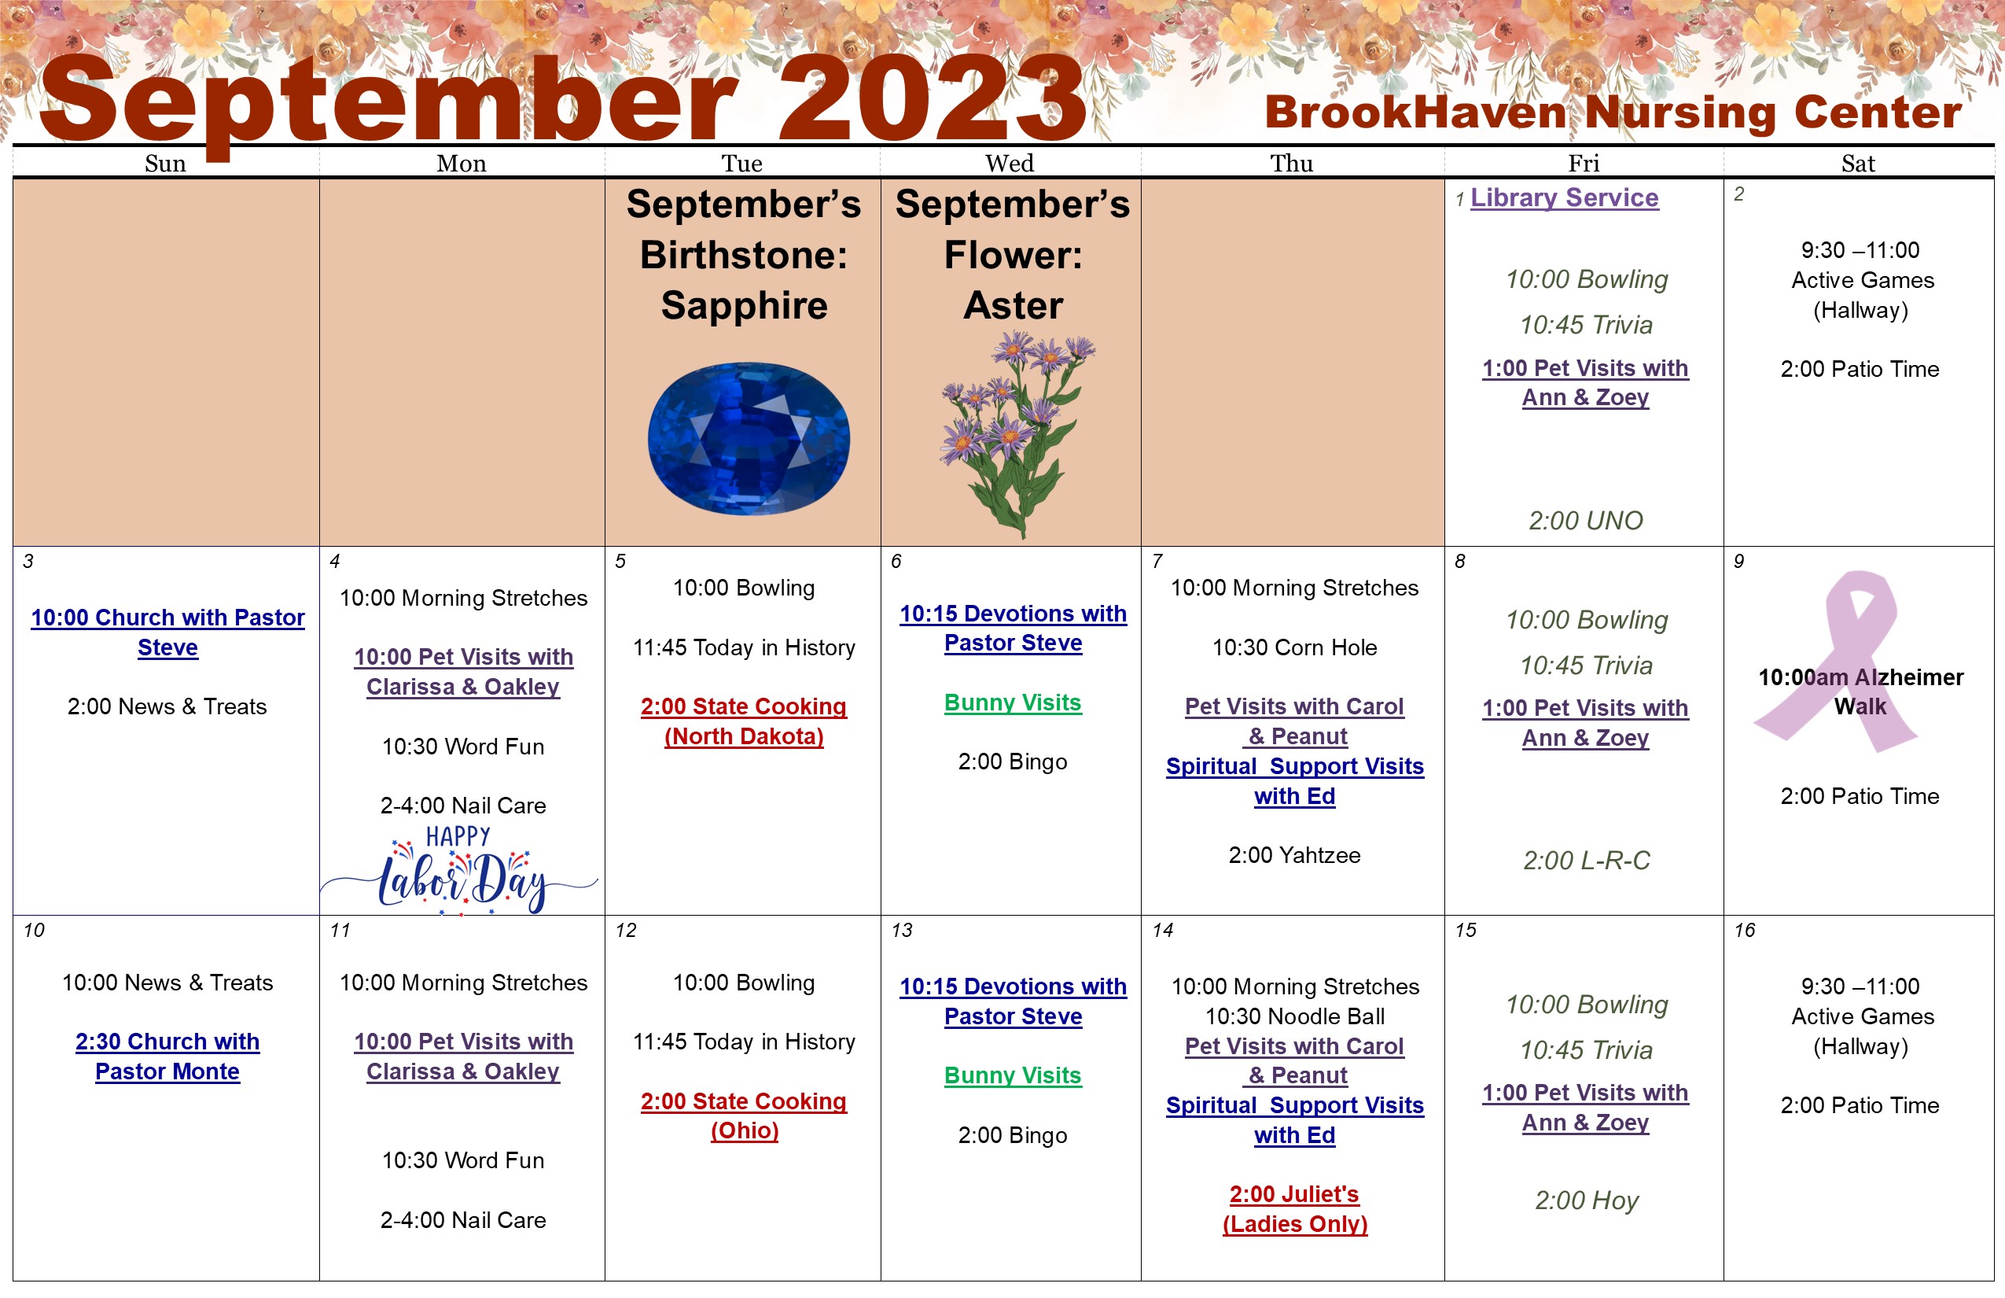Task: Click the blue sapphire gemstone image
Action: (748, 438)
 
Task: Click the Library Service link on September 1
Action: (1565, 197)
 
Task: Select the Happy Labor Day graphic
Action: (459, 870)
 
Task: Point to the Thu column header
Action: (1291, 164)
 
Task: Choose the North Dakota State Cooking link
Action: (744, 721)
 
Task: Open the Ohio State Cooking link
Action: (744, 1116)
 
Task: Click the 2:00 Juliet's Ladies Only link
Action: (1295, 1208)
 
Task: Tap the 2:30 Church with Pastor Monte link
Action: (167, 1056)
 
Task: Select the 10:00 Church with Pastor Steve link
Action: (167, 632)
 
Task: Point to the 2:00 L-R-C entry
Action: (1587, 861)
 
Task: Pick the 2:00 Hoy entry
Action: (1587, 1200)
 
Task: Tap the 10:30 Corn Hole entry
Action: (1294, 647)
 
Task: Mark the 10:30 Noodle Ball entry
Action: (1295, 1016)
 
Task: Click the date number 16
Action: (1745, 930)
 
